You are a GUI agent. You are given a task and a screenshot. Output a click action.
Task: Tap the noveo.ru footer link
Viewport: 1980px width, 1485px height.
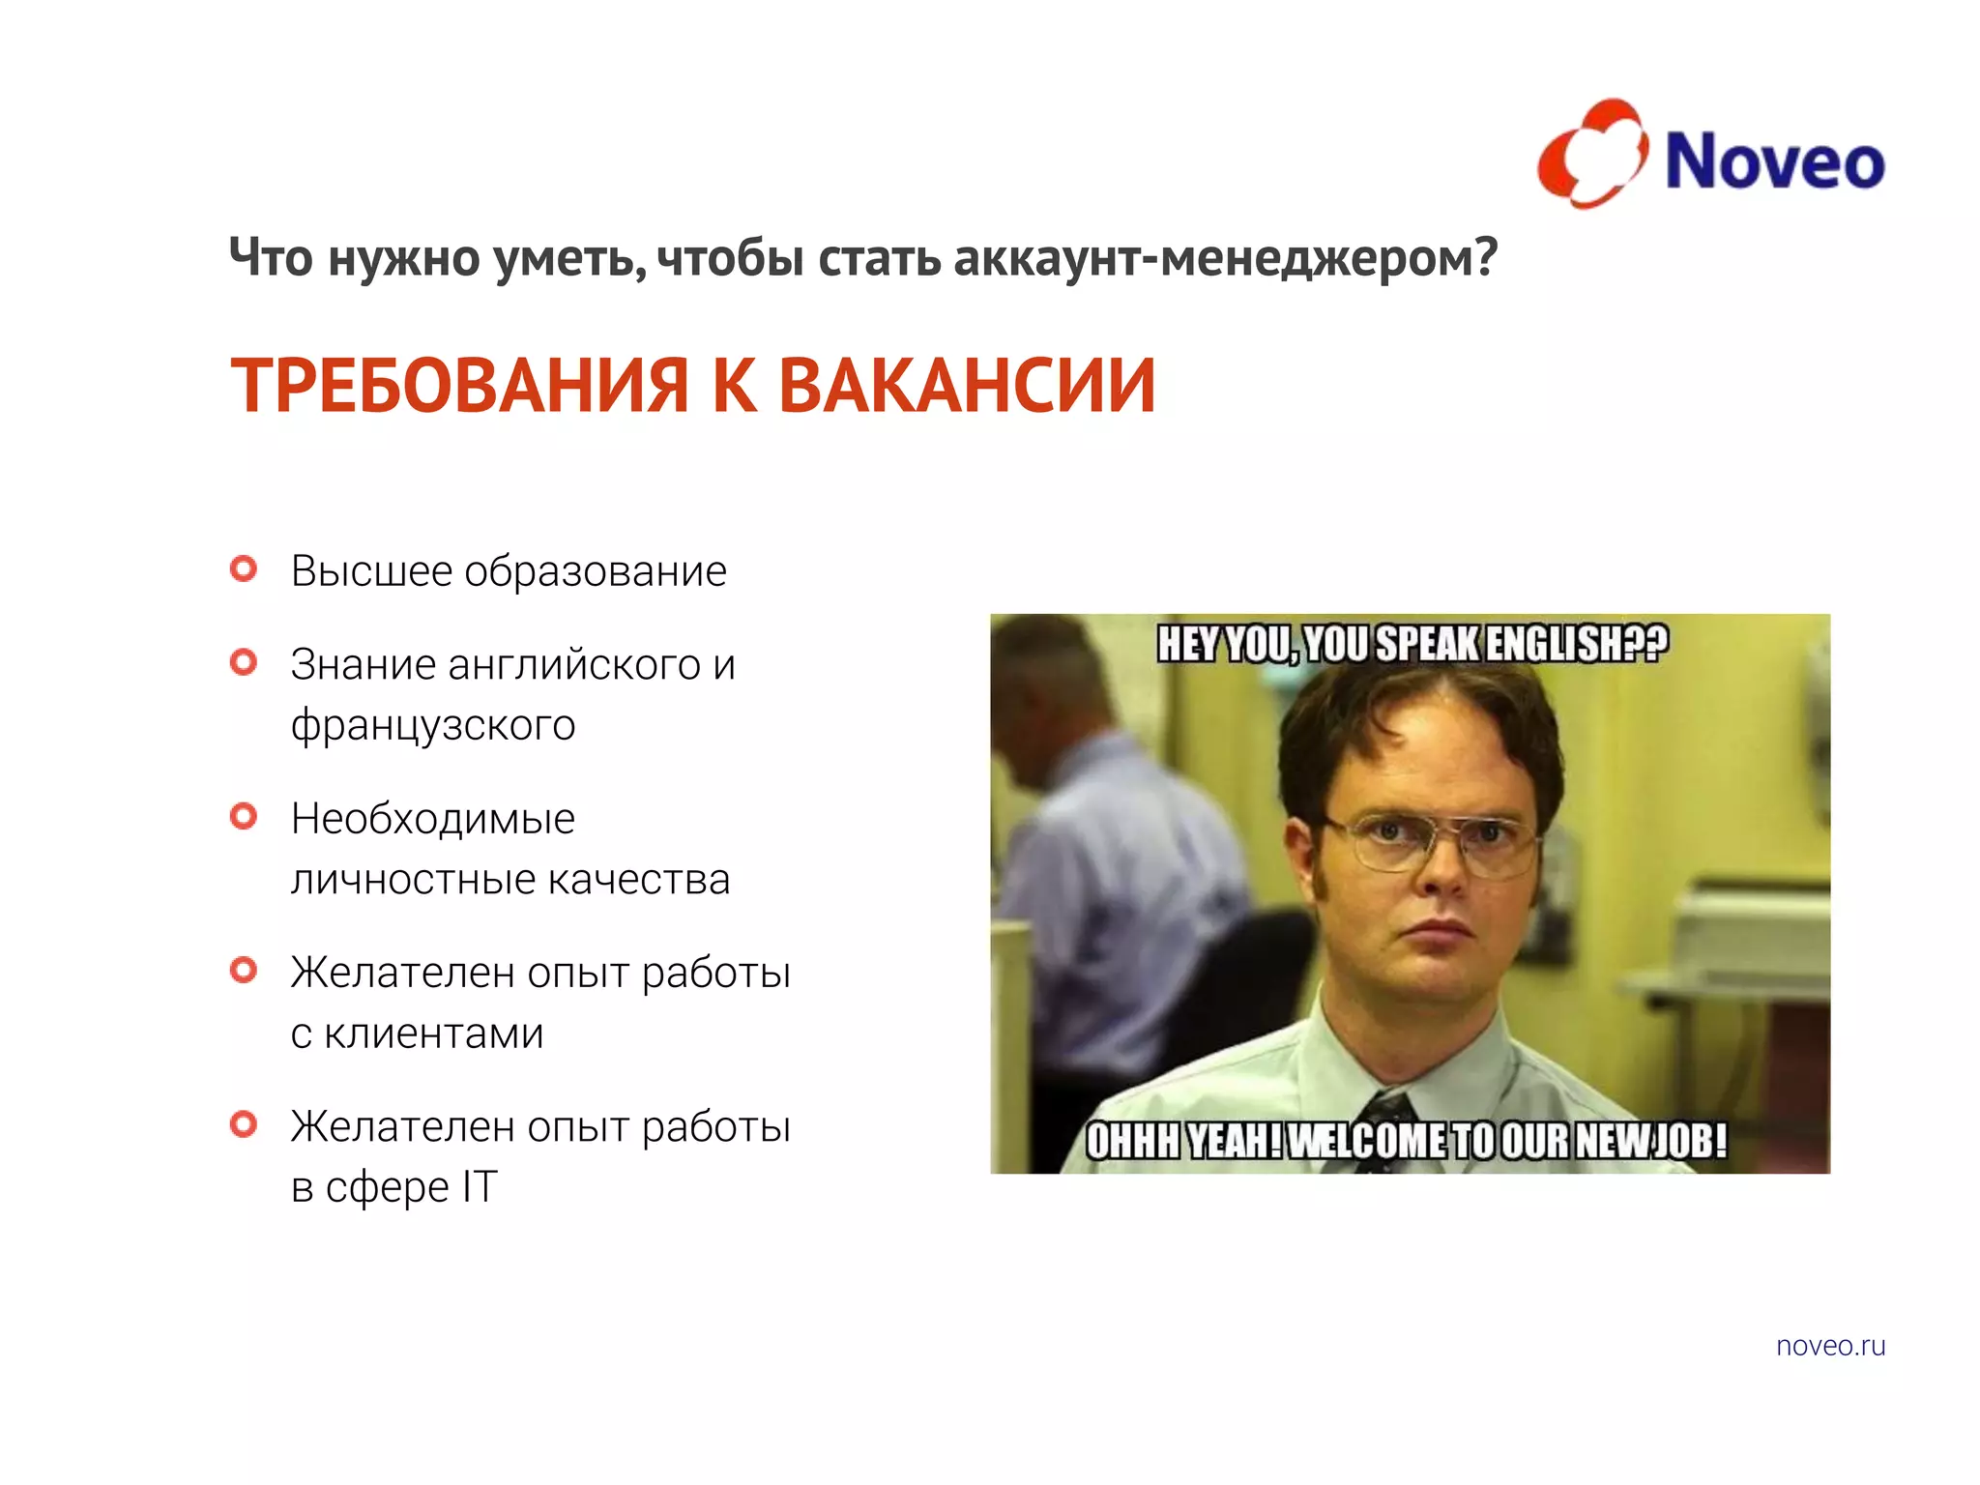(1830, 1346)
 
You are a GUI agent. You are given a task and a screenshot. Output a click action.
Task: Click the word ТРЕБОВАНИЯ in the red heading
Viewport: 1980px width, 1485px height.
(459, 386)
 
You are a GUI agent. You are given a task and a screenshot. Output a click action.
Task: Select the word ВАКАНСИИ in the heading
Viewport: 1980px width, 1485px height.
(967, 386)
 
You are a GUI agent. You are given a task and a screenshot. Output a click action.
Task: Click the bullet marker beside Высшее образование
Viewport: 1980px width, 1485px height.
(244, 568)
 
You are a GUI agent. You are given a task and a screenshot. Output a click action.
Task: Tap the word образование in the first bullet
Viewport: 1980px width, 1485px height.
(596, 571)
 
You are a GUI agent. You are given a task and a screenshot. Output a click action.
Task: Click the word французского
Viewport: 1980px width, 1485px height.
(433, 725)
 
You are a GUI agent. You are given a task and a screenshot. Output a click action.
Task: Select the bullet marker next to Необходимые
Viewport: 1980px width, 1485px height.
(244, 816)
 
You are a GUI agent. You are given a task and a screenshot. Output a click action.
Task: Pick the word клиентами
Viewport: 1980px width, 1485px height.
(433, 1034)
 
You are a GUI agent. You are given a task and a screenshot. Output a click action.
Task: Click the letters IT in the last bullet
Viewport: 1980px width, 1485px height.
(480, 1186)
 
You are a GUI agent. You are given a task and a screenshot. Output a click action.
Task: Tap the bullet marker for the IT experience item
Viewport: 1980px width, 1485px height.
(244, 1123)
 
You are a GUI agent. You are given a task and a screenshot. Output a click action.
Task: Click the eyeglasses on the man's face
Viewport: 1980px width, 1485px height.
(1434, 839)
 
